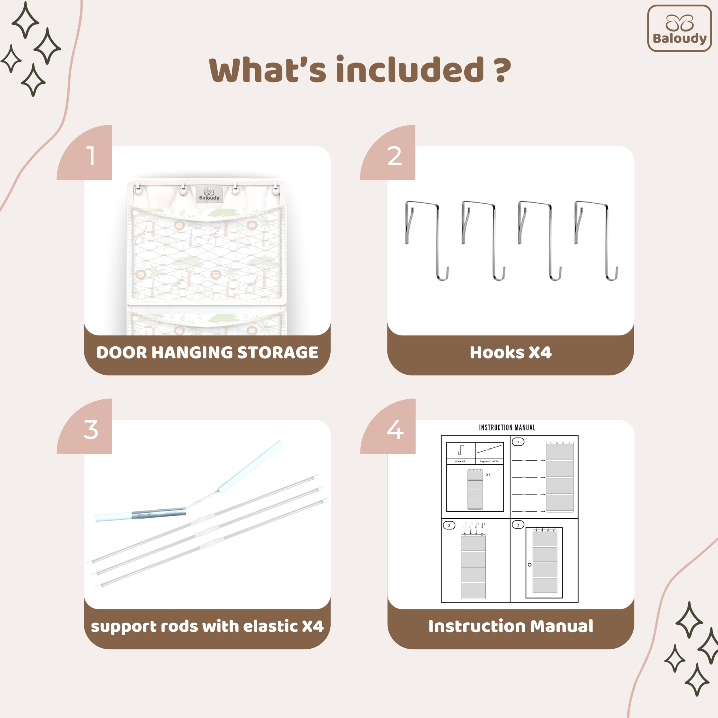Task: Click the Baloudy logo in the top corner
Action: pyautogui.click(x=679, y=28)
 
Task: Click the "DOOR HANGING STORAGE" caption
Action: pyautogui.click(x=207, y=352)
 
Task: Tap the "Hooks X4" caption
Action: pyautogui.click(x=511, y=352)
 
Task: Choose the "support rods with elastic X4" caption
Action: pyautogui.click(x=207, y=627)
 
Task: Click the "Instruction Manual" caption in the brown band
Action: pyautogui.click(x=511, y=626)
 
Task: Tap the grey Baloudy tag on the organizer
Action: pyautogui.click(x=209, y=194)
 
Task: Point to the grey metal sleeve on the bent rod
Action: pyautogui.click(x=159, y=513)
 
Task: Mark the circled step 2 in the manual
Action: pyautogui.click(x=449, y=525)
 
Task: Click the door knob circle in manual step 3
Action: pyautogui.click(x=529, y=565)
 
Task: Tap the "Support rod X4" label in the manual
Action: pyautogui.click(x=489, y=461)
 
